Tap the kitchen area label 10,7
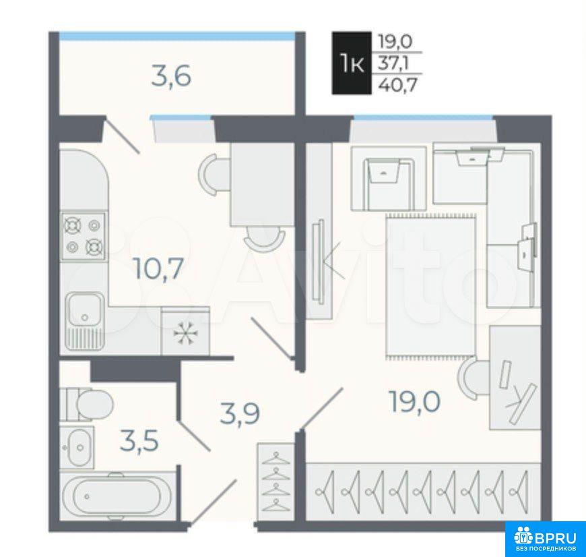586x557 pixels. pos(159,268)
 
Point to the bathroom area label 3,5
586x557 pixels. pos(139,440)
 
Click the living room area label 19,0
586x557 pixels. pos(415,401)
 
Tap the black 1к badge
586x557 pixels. pos(352,63)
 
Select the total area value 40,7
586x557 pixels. pos(397,85)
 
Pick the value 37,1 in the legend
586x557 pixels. pos(393,63)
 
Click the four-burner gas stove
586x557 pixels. pos(84,236)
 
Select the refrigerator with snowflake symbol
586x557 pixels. pos(185,330)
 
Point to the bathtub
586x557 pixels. pos(118,496)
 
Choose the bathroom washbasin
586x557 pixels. pos(77,446)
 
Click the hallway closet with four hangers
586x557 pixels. pos(276,481)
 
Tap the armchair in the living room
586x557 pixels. pos(389,177)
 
